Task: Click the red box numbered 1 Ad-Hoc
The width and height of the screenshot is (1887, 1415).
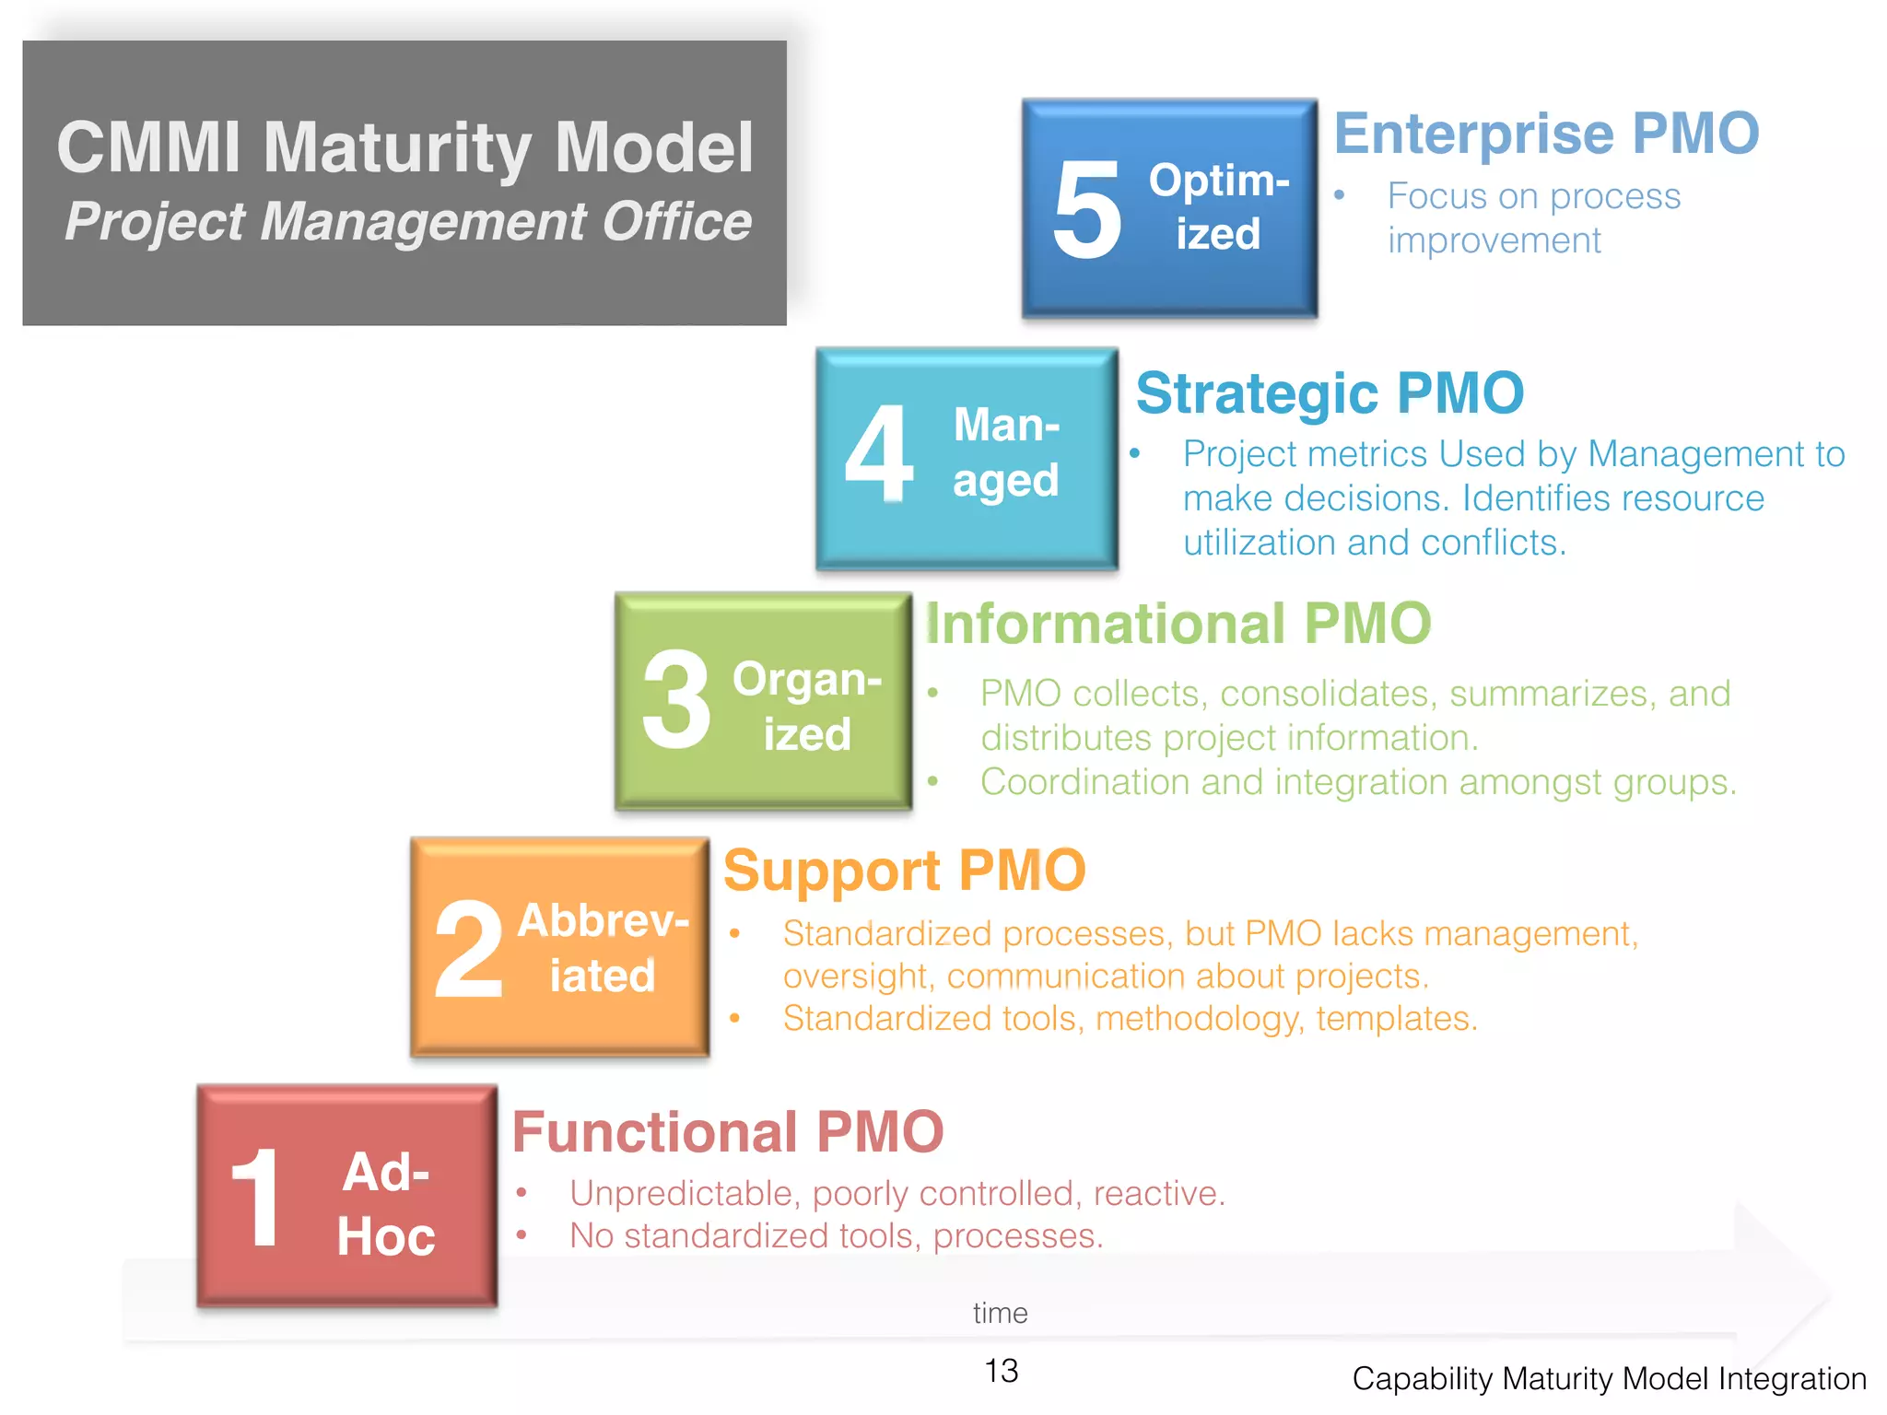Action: (x=346, y=1196)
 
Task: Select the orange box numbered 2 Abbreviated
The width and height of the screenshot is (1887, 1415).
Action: (x=559, y=947)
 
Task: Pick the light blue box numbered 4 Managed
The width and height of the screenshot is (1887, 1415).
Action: (x=967, y=457)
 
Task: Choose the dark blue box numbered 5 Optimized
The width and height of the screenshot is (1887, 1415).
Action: (x=1169, y=208)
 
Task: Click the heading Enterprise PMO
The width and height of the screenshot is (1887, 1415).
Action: (x=1546, y=134)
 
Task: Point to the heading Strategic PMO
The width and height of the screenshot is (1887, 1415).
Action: (x=1330, y=393)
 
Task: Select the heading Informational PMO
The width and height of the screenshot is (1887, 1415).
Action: (x=1178, y=624)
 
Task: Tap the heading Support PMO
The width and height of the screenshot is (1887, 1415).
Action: (x=905, y=871)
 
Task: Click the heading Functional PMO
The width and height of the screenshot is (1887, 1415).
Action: (x=728, y=1131)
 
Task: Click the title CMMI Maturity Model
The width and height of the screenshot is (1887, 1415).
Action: (x=405, y=147)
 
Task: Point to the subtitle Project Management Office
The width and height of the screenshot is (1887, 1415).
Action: (x=408, y=222)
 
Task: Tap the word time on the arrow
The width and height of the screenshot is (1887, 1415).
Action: (x=1000, y=1313)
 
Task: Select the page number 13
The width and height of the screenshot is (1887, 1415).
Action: (x=1001, y=1371)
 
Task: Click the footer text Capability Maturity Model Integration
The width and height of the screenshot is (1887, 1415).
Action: (x=1609, y=1379)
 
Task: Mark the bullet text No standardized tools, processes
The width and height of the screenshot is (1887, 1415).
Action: (x=836, y=1236)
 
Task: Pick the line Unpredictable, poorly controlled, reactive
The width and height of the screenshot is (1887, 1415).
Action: (x=897, y=1194)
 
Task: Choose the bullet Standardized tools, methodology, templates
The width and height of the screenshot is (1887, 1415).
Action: (x=1130, y=1019)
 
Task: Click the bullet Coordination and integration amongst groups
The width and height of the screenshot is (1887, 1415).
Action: (x=1357, y=782)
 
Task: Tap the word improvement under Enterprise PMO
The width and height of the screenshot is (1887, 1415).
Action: (x=1494, y=241)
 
